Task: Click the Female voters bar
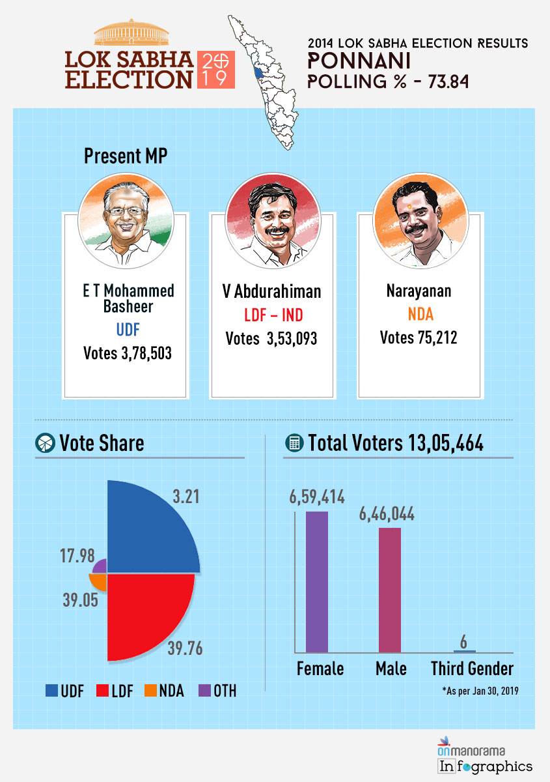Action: click(316, 581)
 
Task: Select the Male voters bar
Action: click(389, 589)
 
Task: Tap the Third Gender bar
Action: click(463, 650)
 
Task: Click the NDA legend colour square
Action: click(150, 690)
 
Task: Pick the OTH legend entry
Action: click(217, 690)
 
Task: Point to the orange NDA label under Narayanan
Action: click(420, 315)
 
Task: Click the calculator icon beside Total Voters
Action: click(295, 443)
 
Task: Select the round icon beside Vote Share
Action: click(44, 443)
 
